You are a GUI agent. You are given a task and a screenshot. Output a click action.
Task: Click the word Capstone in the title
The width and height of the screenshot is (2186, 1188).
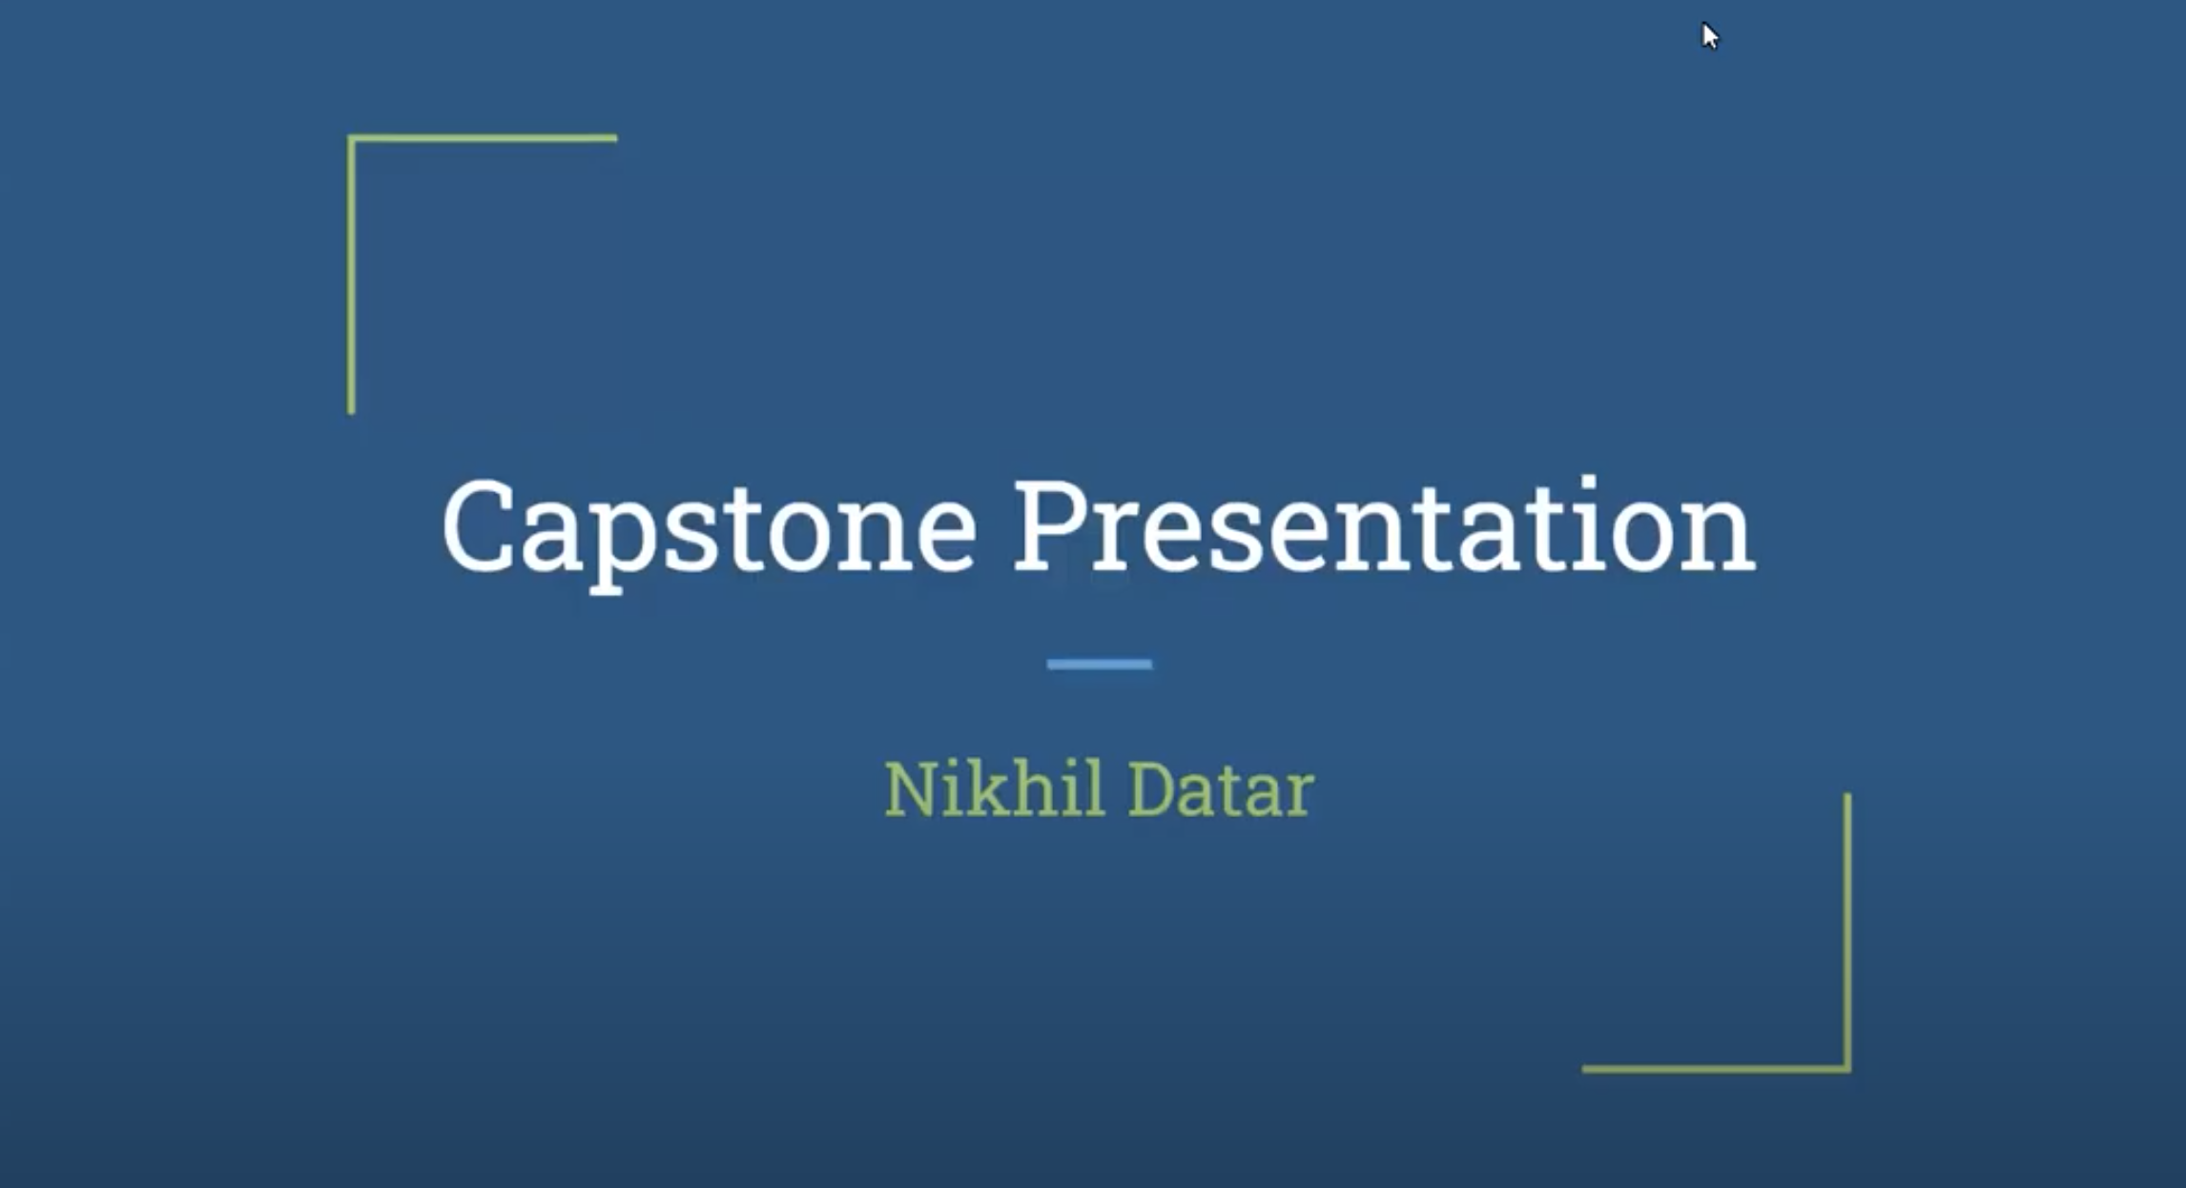point(710,532)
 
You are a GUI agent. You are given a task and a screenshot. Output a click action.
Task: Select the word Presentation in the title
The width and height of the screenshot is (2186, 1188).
point(1384,526)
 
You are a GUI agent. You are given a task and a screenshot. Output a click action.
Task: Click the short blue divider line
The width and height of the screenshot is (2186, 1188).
point(1099,664)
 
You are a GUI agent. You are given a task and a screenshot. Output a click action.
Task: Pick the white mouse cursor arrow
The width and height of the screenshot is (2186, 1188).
point(1708,34)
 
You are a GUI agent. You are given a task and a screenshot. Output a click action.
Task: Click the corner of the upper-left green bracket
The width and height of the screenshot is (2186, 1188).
point(351,138)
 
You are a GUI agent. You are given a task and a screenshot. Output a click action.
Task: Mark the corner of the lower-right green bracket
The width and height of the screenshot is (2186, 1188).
point(1847,1069)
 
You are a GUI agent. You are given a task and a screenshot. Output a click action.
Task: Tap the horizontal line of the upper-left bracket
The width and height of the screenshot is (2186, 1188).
point(482,138)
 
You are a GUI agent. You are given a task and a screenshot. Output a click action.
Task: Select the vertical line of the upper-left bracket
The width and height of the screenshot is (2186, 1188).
point(351,275)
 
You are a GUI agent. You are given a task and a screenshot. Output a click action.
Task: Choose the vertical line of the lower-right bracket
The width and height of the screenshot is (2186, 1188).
point(1847,932)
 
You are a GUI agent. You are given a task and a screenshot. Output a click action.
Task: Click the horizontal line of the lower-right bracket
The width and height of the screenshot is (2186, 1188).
point(1717,1069)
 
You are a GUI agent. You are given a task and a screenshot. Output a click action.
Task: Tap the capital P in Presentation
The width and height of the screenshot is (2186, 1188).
point(1050,526)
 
